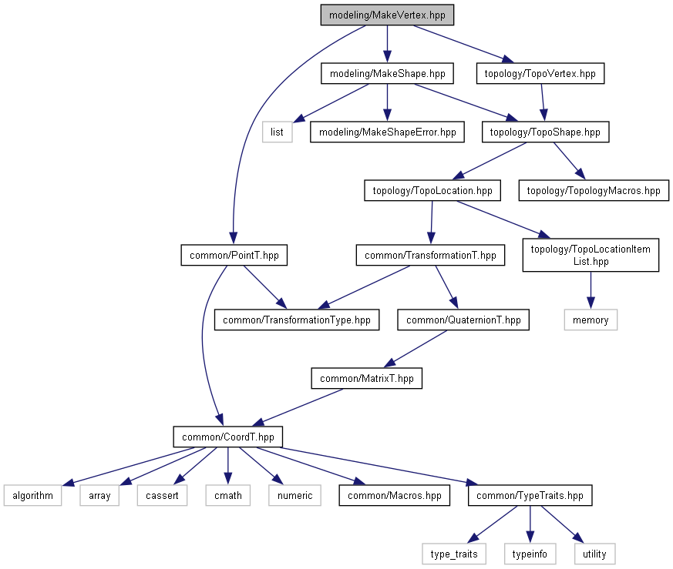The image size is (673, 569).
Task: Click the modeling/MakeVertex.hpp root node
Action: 387,15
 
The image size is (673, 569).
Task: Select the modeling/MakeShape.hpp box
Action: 387,73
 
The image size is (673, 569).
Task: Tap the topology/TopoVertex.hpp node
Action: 540,73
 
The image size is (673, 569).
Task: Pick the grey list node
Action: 278,132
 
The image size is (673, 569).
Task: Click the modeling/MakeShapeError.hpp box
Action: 387,132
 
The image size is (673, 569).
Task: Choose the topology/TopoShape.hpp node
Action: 545,132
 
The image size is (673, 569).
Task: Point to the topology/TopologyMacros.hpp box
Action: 594,190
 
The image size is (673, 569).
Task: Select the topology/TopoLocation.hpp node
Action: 432,190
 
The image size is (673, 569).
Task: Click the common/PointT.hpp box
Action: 234,255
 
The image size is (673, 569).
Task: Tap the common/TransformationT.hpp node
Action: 430,255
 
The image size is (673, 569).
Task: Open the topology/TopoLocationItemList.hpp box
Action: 591,255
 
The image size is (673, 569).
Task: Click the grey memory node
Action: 591,320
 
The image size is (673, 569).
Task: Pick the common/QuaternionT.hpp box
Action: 463,320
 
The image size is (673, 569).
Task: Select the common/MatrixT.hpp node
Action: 366,378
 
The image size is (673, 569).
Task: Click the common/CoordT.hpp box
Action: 228,437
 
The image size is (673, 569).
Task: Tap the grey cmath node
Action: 228,495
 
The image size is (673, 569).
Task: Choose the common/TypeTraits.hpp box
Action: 530,495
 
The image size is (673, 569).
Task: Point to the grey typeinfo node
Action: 530,554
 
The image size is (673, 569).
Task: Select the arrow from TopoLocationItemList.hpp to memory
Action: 591,290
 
